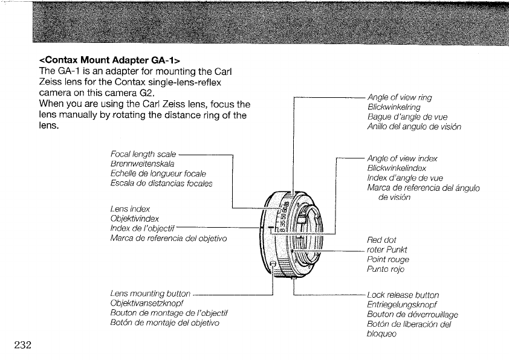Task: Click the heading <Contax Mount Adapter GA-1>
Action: point(109,60)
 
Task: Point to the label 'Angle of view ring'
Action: point(400,97)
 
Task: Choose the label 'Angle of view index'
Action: point(402,159)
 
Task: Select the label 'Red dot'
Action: point(381,240)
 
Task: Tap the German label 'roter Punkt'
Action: point(387,249)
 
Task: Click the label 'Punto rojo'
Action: point(385,269)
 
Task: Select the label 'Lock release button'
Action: point(403,295)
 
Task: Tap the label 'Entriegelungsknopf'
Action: point(401,304)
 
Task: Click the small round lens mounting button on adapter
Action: point(273,265)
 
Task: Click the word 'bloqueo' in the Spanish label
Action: point(382,334)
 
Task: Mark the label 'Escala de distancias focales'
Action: point(161,184)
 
